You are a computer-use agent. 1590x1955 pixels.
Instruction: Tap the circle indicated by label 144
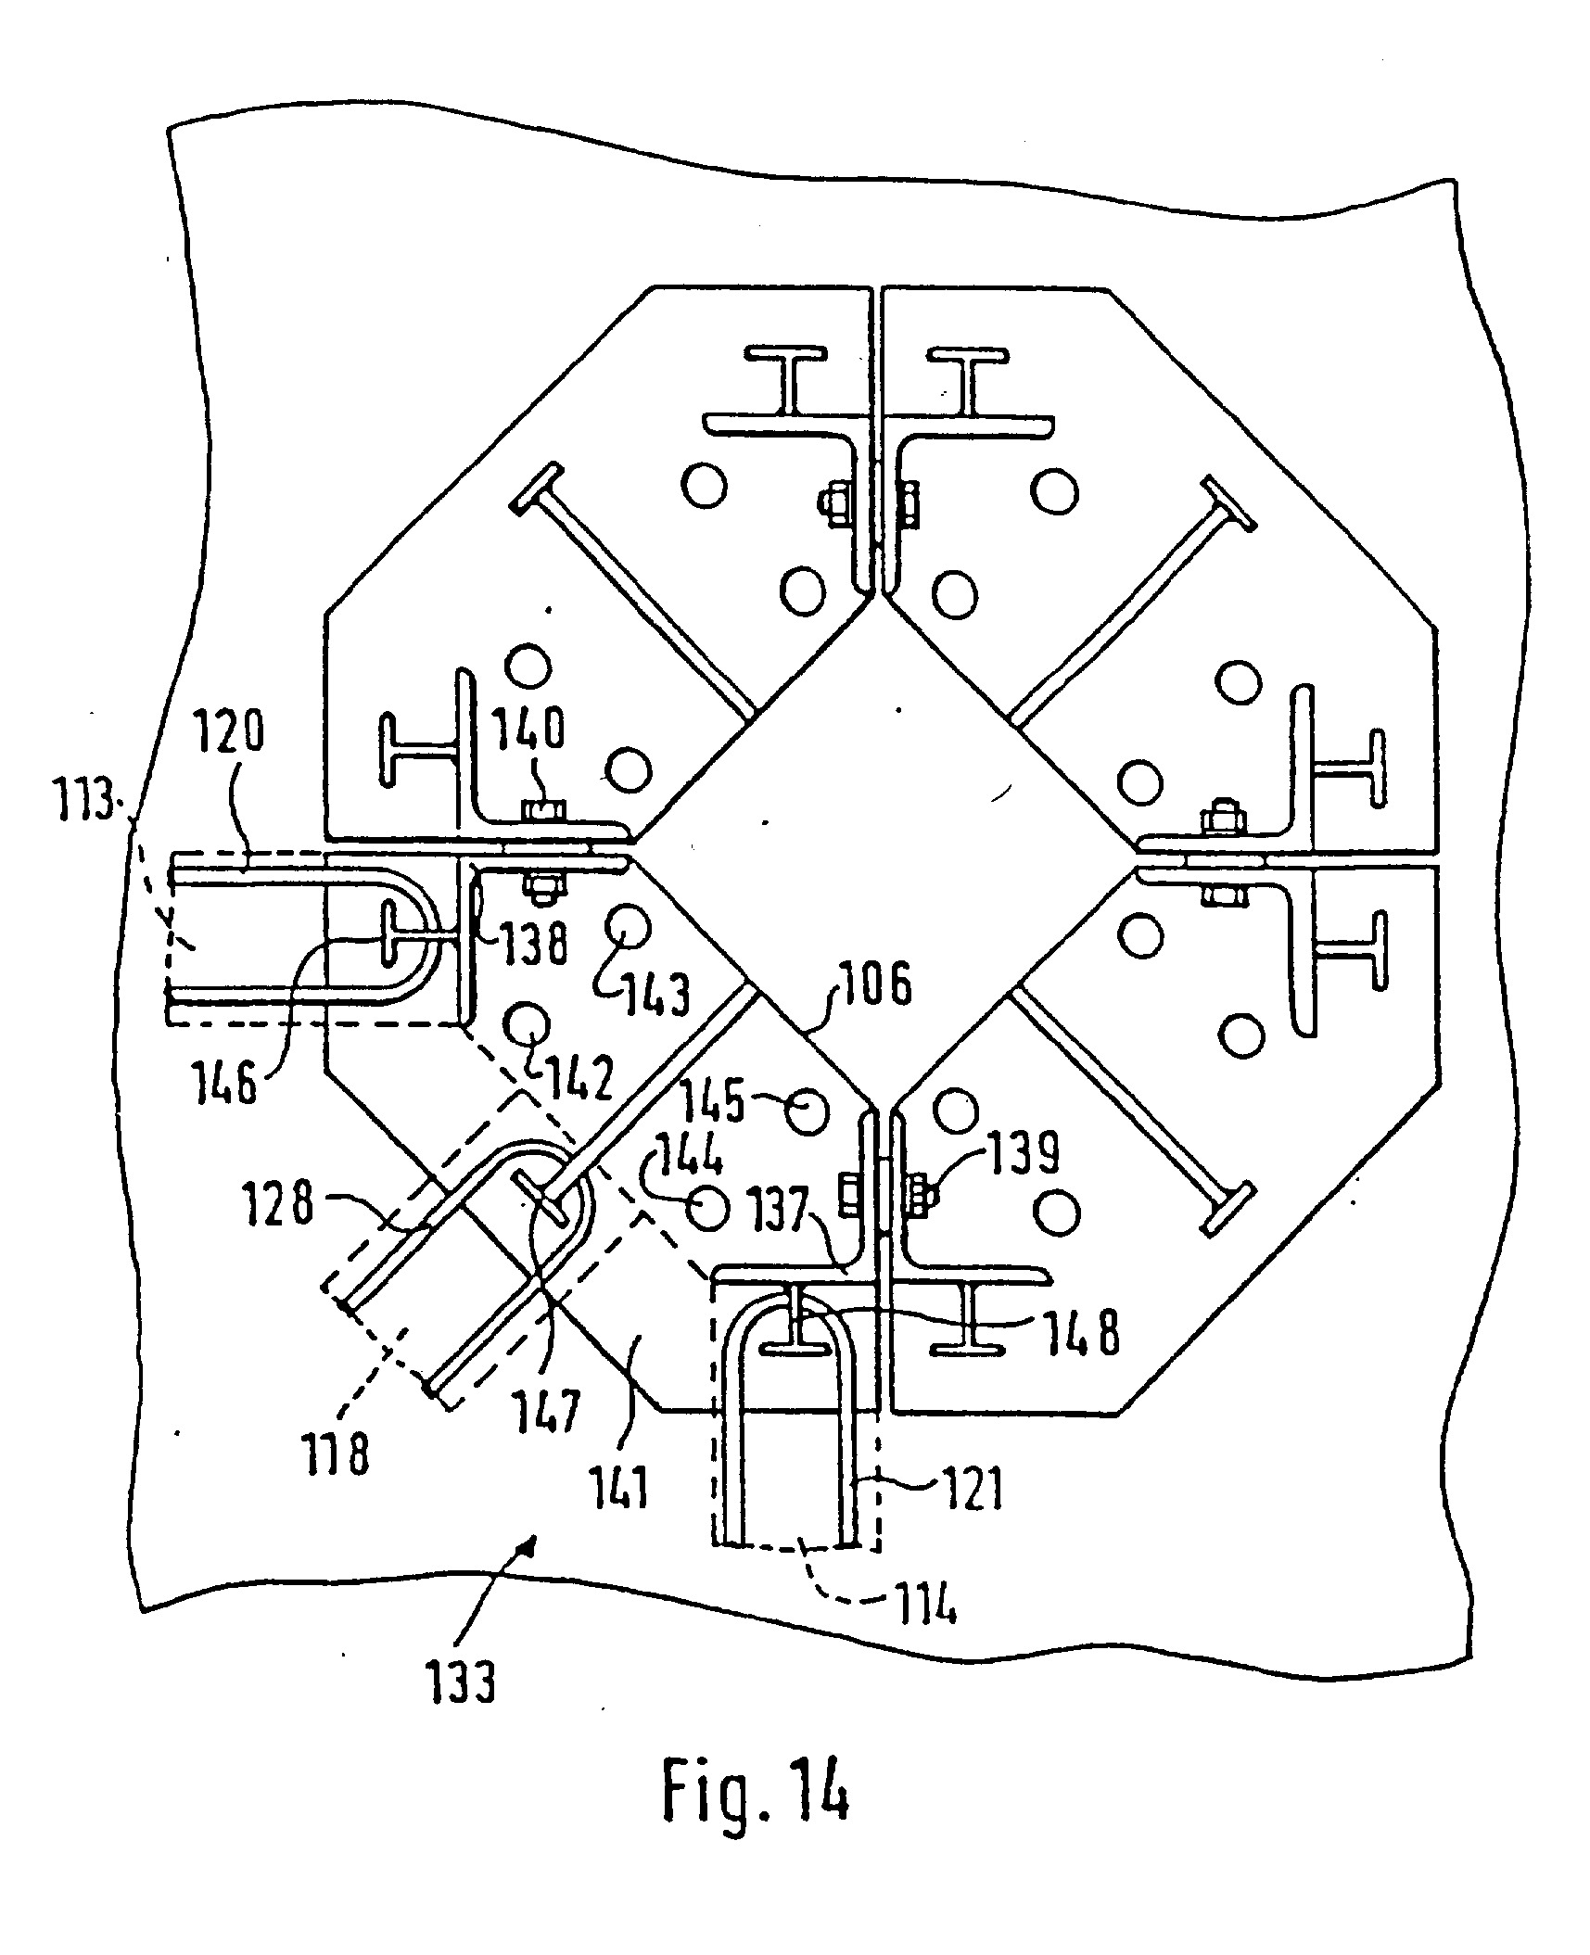pyautogui.click(x=706, y=1207)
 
